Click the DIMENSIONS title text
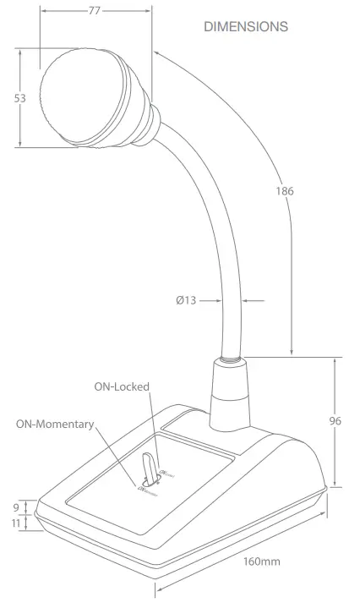point(246,27)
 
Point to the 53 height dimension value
point(19,98)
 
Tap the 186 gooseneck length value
point(285,192)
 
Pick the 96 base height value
point(336,421)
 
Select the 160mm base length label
point(263,561)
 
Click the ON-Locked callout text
point(122,386)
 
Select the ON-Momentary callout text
point(54,424)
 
